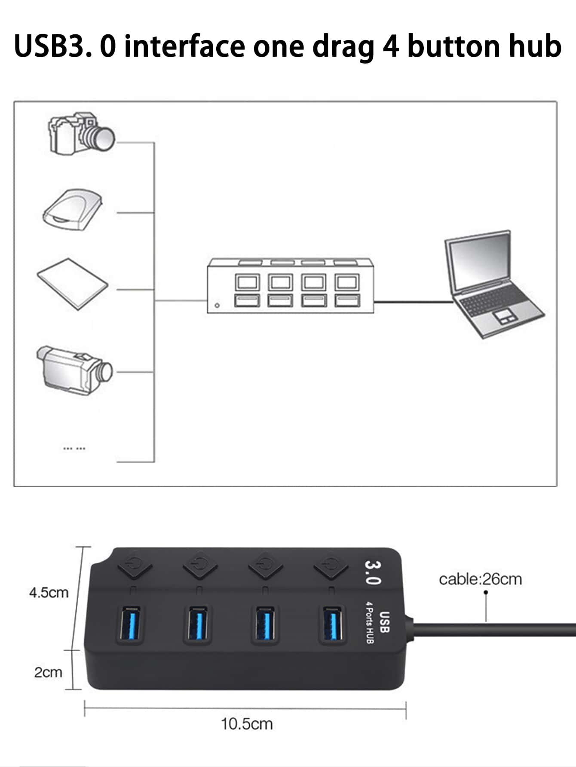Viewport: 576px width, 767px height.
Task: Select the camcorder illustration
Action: (x=74, y=370)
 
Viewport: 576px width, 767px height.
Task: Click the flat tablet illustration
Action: (x=73, y=283)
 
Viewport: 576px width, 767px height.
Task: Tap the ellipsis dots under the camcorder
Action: (x=74, y=449)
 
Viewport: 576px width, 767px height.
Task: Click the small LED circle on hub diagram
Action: (x=217, y=306)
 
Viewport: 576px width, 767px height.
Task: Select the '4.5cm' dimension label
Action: (x=49, y=593)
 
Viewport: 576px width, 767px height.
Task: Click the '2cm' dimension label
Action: (x=48, y=672)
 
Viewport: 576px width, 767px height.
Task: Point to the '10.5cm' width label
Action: (x=247, y=724)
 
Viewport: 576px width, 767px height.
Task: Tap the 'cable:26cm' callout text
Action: (x=480, y=579)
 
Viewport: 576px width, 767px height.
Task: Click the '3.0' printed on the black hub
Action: (x=372, y=572)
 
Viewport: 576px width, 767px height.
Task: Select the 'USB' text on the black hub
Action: (x=384, y=622)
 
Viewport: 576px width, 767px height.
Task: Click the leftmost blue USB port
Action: (x=130, y=623)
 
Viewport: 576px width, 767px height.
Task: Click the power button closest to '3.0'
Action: (x=331, y=565)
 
